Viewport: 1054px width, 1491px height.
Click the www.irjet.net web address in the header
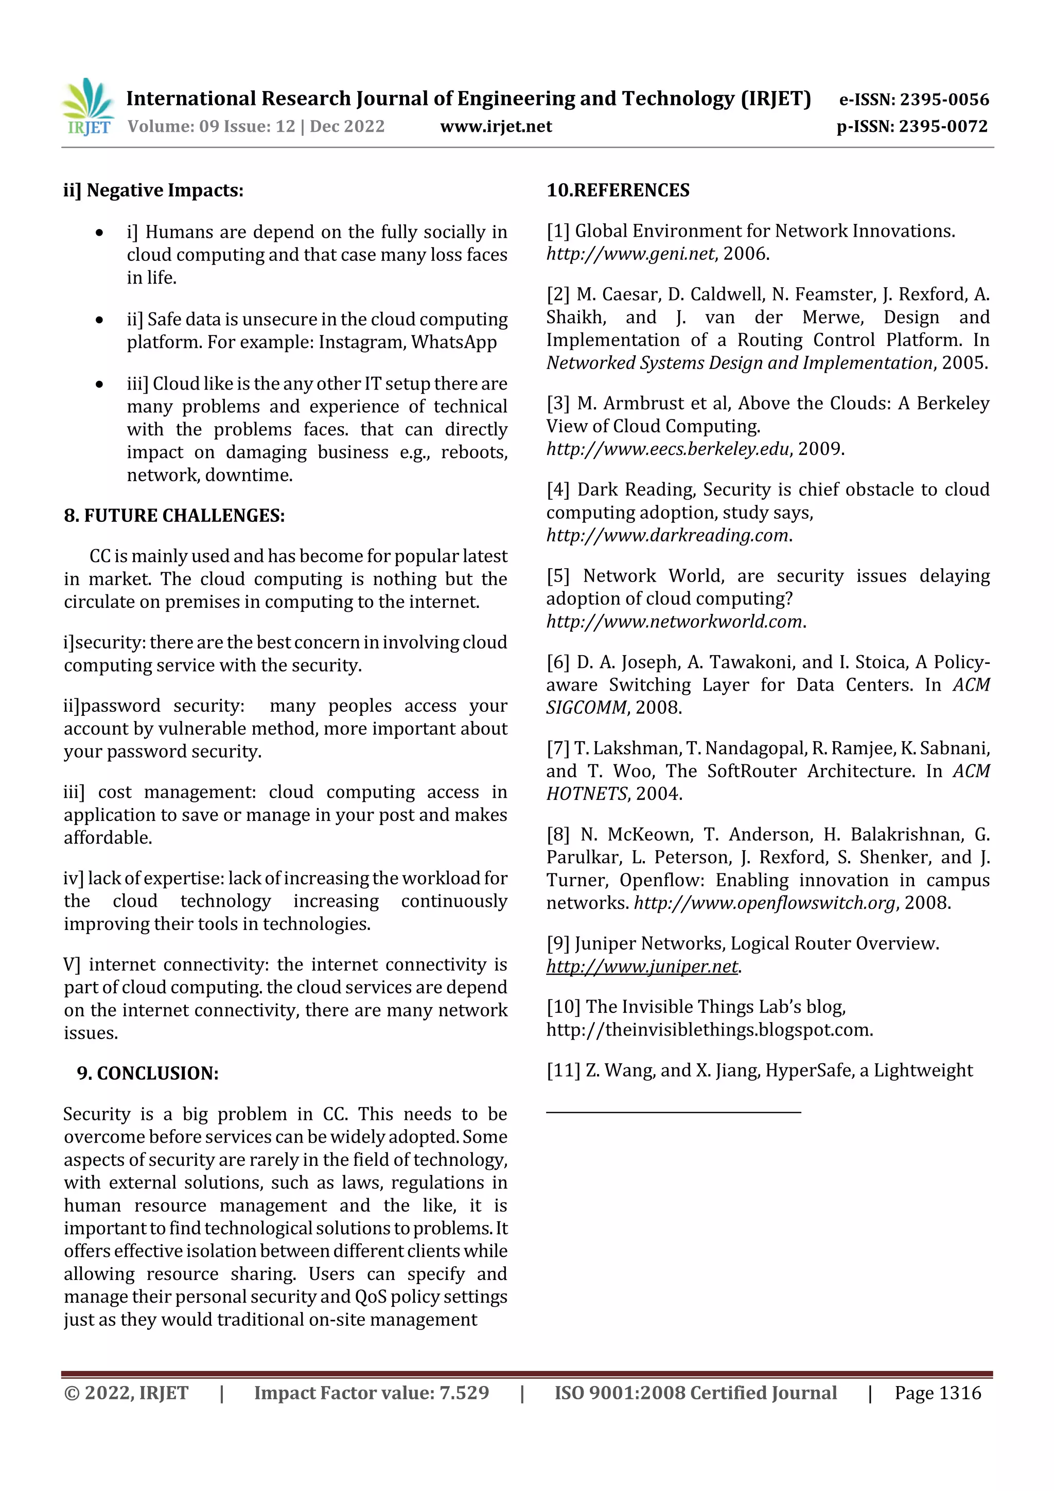point(496,127)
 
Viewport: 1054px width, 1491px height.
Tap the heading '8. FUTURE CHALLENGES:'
point(174,516)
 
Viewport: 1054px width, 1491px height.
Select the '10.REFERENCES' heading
point(618,190)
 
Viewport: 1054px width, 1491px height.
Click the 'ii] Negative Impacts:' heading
point(153,190)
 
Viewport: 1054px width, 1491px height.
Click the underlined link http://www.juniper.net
point(642,966)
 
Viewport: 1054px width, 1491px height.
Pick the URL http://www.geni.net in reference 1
point(630,254)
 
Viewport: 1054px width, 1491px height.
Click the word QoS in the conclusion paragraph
point(371,1297)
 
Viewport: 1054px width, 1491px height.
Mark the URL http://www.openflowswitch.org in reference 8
point(764,903)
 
